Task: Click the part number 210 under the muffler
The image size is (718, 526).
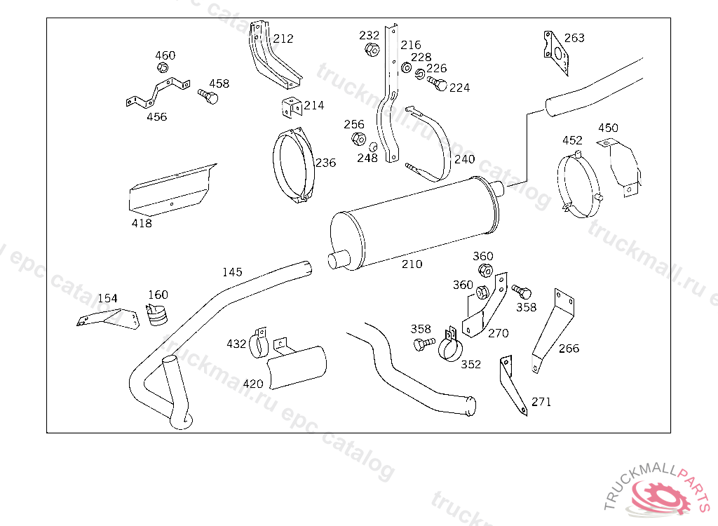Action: click(x=412, y=264)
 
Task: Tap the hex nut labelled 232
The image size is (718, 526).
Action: click(x=372, y=49)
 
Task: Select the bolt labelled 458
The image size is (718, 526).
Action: click(x=208, y=96)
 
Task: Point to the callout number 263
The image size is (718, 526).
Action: click(x=574, y=38)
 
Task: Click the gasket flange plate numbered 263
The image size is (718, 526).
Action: click(x=556, y=53)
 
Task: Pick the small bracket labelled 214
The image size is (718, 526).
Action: click(x=292, y=107)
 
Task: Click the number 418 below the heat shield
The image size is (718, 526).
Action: click(x=142, y=223)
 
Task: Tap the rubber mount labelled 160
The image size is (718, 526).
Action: click(x=157, y=314)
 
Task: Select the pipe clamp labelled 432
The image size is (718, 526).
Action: click(x=258, y=344)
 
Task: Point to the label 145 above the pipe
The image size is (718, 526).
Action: click(x=232, y=272)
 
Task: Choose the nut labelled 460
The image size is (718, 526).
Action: click(x=163, y=68)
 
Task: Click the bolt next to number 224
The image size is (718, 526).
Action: click(x=438, y=84)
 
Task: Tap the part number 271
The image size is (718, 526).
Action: click(x=541, y=402)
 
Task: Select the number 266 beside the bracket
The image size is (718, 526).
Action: click(x=569, y=349)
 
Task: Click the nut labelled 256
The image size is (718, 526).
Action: click(x=358, y=138)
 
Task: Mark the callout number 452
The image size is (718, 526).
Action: click(x=572, y=140)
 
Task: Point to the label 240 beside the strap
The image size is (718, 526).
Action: click(x=465, y=159)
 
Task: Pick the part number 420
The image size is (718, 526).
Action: click(x=253, y=384)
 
